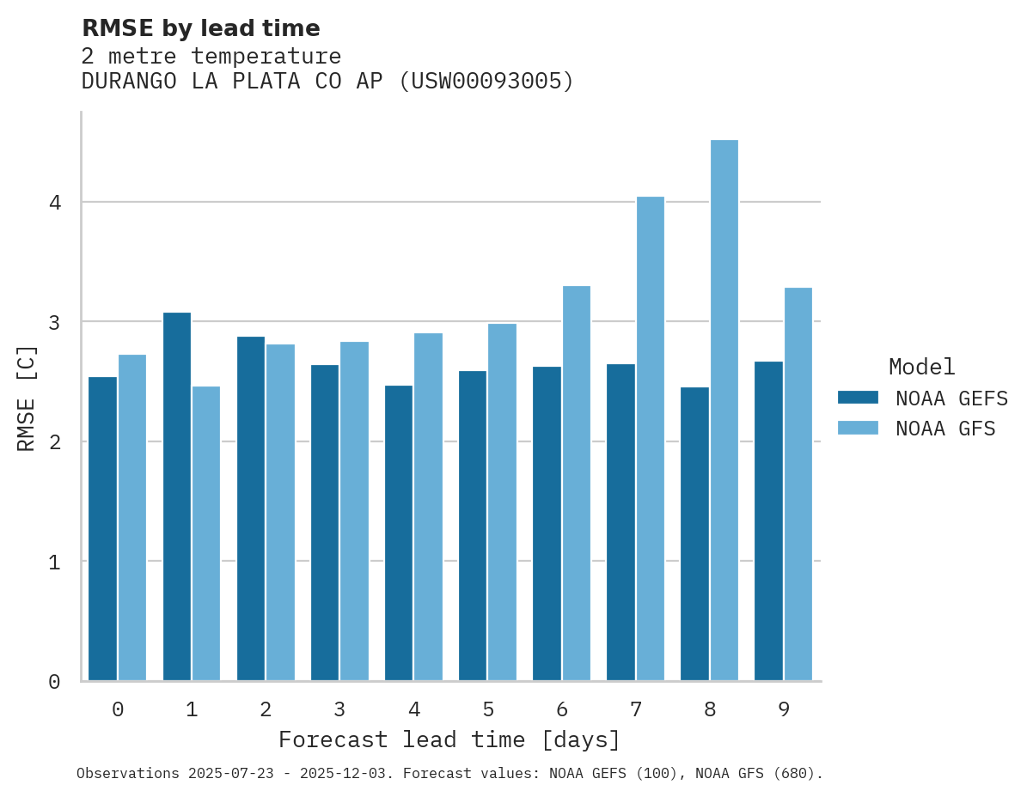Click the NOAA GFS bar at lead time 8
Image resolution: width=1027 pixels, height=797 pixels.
click(724, 411)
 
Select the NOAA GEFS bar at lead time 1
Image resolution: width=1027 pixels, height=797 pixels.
click(177, 496)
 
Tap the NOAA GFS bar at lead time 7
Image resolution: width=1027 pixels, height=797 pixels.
click(651, 439)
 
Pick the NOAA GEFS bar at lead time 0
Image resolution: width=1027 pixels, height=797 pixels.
click(103, 529)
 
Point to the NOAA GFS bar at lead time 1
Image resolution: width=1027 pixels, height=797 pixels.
click(206, 533)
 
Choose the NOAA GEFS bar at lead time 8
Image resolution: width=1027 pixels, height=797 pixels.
click(694, 533)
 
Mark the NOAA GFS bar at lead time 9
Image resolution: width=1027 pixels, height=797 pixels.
click(798, 484)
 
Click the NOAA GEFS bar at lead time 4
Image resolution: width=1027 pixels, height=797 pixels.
click(399, 532)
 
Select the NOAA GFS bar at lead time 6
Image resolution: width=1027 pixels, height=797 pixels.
click(577, 484)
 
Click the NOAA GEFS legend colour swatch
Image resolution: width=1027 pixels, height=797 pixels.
click(858, 398)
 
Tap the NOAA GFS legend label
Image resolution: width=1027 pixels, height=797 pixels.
click(945, 429)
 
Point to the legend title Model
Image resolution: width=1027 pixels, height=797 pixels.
click(921, 368)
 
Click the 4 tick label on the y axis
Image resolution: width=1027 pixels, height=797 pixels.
click(54, 203)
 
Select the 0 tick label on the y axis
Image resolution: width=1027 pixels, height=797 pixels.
click(54, 682)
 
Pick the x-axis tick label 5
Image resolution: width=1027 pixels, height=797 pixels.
click(488, 710)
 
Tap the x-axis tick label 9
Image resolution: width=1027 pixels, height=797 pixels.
click(784, 710)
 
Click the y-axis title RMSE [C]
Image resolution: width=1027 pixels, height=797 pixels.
click(27, 398)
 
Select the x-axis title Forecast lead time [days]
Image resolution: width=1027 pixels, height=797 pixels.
click(449, 740)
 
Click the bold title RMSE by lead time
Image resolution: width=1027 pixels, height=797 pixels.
click(200, 28)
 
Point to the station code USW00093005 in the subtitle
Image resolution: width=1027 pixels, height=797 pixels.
click(486, 82)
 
